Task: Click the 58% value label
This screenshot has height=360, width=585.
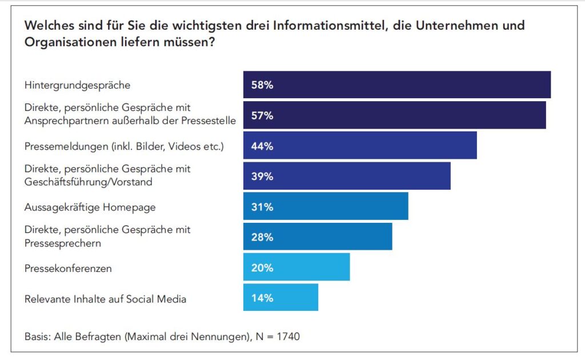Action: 262,85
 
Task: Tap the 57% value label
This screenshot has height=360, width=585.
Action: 262,115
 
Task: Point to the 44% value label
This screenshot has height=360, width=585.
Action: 262,146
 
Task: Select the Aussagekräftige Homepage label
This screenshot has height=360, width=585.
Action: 90,207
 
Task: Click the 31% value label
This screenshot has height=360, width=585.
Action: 262,207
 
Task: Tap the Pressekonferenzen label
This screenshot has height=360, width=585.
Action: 68,267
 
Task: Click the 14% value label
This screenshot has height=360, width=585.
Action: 262,298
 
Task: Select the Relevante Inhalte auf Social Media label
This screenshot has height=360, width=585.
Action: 105,298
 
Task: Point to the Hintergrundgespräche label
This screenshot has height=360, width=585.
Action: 77,85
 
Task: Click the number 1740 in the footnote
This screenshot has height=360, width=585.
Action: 288,337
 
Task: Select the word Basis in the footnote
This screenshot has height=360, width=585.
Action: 37,337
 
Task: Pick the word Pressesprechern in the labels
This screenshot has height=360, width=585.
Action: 63,243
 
